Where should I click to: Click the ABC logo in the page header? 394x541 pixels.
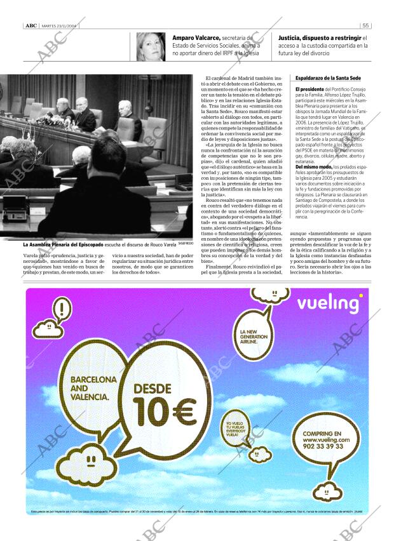[x=31, y=25]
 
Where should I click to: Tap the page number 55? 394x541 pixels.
[x=366, y=25]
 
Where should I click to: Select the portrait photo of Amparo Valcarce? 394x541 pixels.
[x=151, y=46]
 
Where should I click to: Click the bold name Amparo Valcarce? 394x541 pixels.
[x=196, y=38]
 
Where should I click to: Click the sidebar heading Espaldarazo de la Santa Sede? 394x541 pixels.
[x=328, y=78]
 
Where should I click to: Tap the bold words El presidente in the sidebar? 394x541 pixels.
[x=309, y=90]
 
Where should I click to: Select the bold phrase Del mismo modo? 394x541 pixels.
[x=311, y=166]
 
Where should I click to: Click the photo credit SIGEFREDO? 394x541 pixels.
[x=186, y=243]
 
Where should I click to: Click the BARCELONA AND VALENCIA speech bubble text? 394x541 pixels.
[x=93, y=387]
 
